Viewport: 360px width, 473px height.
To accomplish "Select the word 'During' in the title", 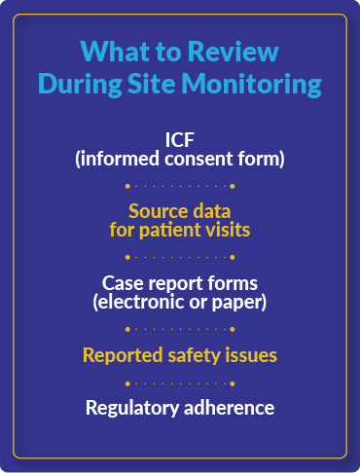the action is coord(81,85).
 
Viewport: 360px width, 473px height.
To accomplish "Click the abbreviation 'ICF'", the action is coord(180,138).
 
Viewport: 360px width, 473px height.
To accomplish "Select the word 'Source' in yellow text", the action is coord(156,211).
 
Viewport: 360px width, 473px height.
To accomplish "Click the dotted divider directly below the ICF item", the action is coord(180,185).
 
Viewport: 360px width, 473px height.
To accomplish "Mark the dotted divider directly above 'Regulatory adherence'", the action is coord(180,382).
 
